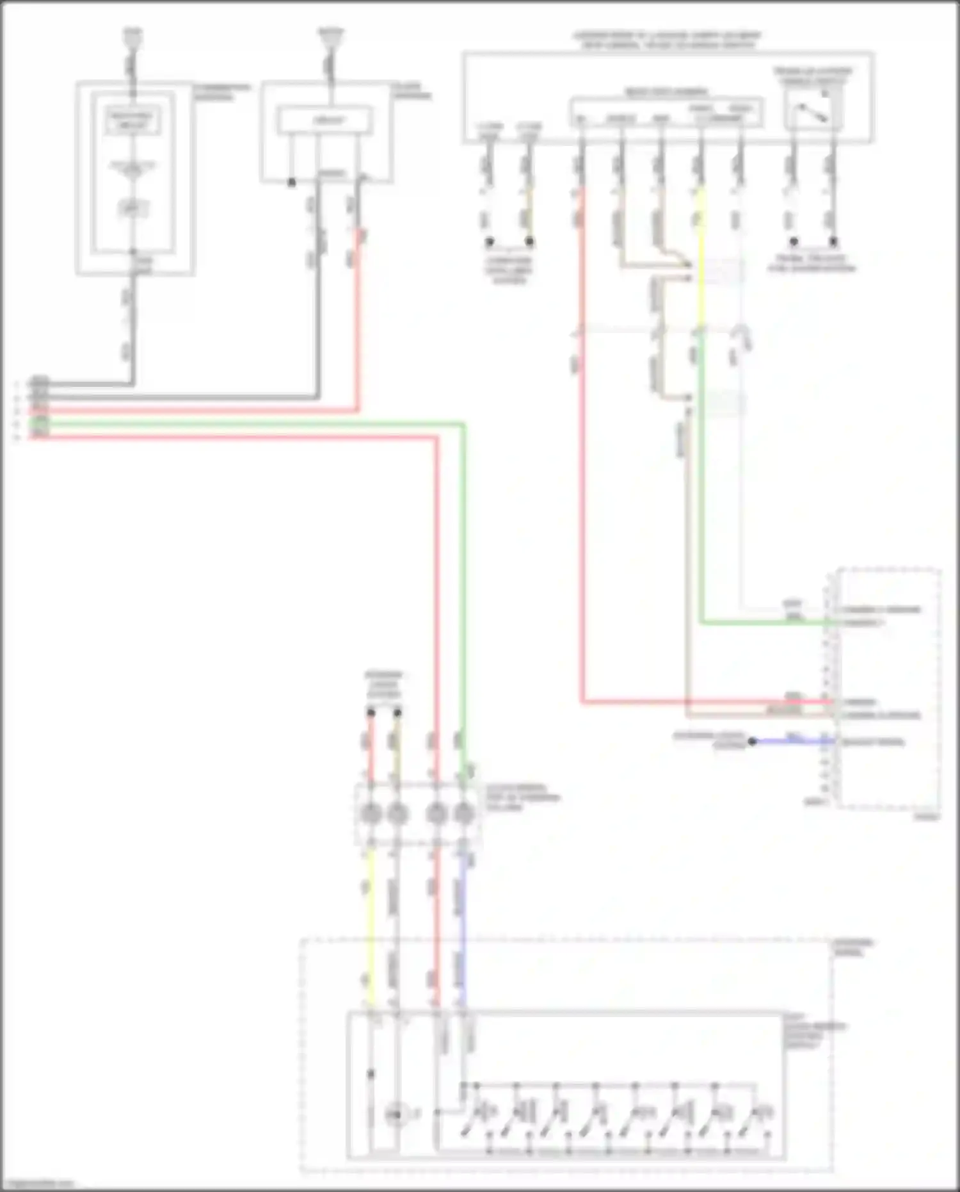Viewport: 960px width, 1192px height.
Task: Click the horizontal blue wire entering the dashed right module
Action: pyautogui.click(x=794, y=742)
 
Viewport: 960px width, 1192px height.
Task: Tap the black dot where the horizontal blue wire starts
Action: pyautogui.click(x=753, y=742)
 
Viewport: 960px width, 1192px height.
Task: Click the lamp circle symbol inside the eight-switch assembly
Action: pyautogui.click(x=395, y=1115)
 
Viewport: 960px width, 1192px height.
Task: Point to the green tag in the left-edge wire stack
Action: pyautogui.click(x=40, y=423)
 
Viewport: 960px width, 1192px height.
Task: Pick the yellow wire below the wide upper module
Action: pyautogui.click(x=701, y=256)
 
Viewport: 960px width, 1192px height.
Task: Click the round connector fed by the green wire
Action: pyautogui.click(x=463, y=814)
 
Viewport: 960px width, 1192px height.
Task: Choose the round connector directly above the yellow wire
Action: pyautogui.click(x=371, y=814)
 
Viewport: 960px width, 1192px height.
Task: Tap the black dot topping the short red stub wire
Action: pyautogui.click(x=371, y=712)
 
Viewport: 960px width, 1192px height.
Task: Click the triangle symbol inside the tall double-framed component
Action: pyautogui.click(x=132, y=168)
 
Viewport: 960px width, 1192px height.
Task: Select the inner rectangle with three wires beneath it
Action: pyautogui.click(x=324, y=120)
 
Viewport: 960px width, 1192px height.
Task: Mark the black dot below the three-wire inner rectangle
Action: pyautogui.click(x=291, y=183)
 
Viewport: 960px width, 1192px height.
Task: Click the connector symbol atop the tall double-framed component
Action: pyautogui.click(x=132, y=40)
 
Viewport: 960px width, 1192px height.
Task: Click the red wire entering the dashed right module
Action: pyautogui.click(x=704, y=702)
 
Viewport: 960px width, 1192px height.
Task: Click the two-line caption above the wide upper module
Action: pyautogui.click(x=668, y=40)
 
